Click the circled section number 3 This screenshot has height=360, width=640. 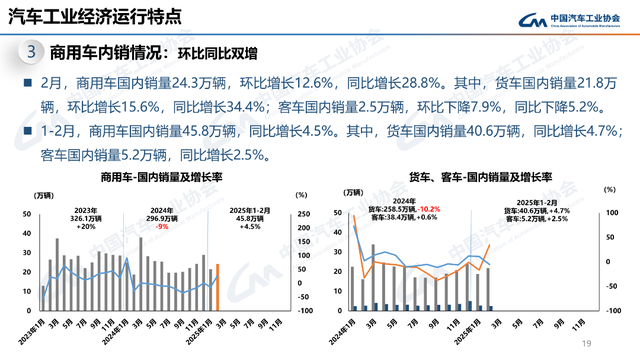coord(33,51)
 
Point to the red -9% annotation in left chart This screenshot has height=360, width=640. coord(161,227)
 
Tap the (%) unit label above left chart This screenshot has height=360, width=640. coord(299,194)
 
